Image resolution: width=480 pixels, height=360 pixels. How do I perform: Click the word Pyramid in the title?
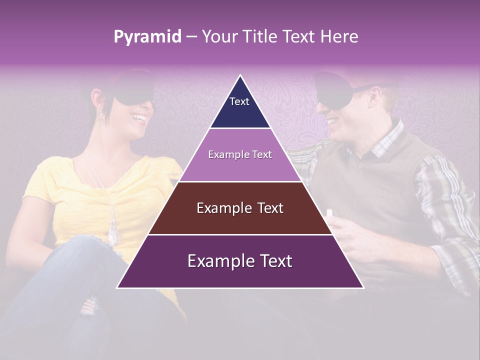147,37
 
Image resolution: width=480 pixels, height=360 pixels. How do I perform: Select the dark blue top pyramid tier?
240,107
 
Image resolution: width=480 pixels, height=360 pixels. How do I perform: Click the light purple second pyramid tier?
240,155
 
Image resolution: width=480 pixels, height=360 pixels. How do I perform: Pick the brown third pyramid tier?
240,208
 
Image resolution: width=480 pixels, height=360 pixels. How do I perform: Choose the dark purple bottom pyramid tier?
240,261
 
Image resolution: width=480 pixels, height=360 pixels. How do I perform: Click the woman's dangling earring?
102,116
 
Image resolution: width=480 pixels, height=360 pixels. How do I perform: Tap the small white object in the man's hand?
329,213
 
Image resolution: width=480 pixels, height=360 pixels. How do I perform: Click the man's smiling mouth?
331,121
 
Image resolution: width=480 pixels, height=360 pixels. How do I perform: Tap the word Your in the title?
218,37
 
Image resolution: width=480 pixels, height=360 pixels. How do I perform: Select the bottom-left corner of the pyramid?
117,287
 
